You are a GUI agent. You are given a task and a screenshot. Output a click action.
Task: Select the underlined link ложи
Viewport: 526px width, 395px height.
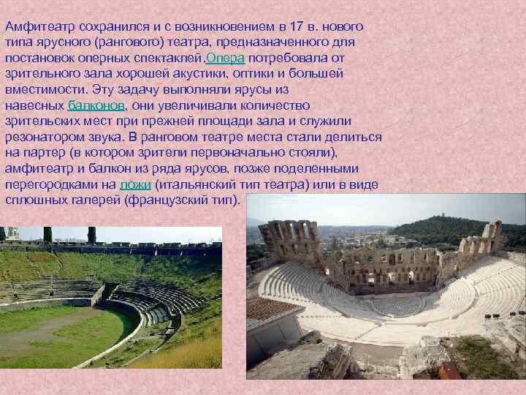click(134, 185)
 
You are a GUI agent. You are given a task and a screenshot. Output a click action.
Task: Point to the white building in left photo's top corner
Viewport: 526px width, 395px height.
click(10, 235)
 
